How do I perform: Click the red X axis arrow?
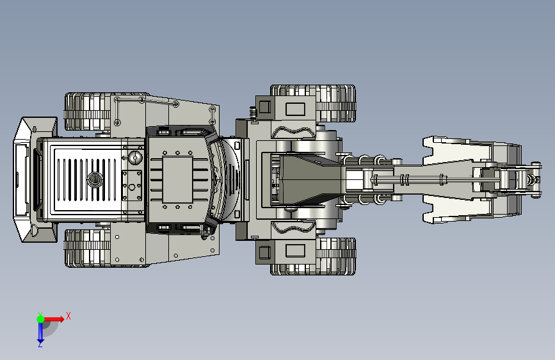click(x=53, y=319)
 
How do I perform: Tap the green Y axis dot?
click(x=40, y=319)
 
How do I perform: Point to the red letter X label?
click(x=68, y=316)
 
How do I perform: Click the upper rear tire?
click(x=87, y=111)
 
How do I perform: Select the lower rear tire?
click(x=87, y=248)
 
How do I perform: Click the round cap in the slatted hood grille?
click(x=95, y=179)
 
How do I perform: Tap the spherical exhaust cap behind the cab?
click(x=135, y=158)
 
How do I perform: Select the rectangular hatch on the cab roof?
click(x=177, y=180)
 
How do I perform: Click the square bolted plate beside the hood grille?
click(x=132, y=186)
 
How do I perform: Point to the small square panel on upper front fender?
click(x=264, y=106)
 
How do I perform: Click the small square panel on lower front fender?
click(x=264, y=252)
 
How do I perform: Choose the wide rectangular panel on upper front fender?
click(x=295, y=109)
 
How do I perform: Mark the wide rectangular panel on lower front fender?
click(x=295, y=250)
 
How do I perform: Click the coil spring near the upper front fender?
click(x=253, y=113)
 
